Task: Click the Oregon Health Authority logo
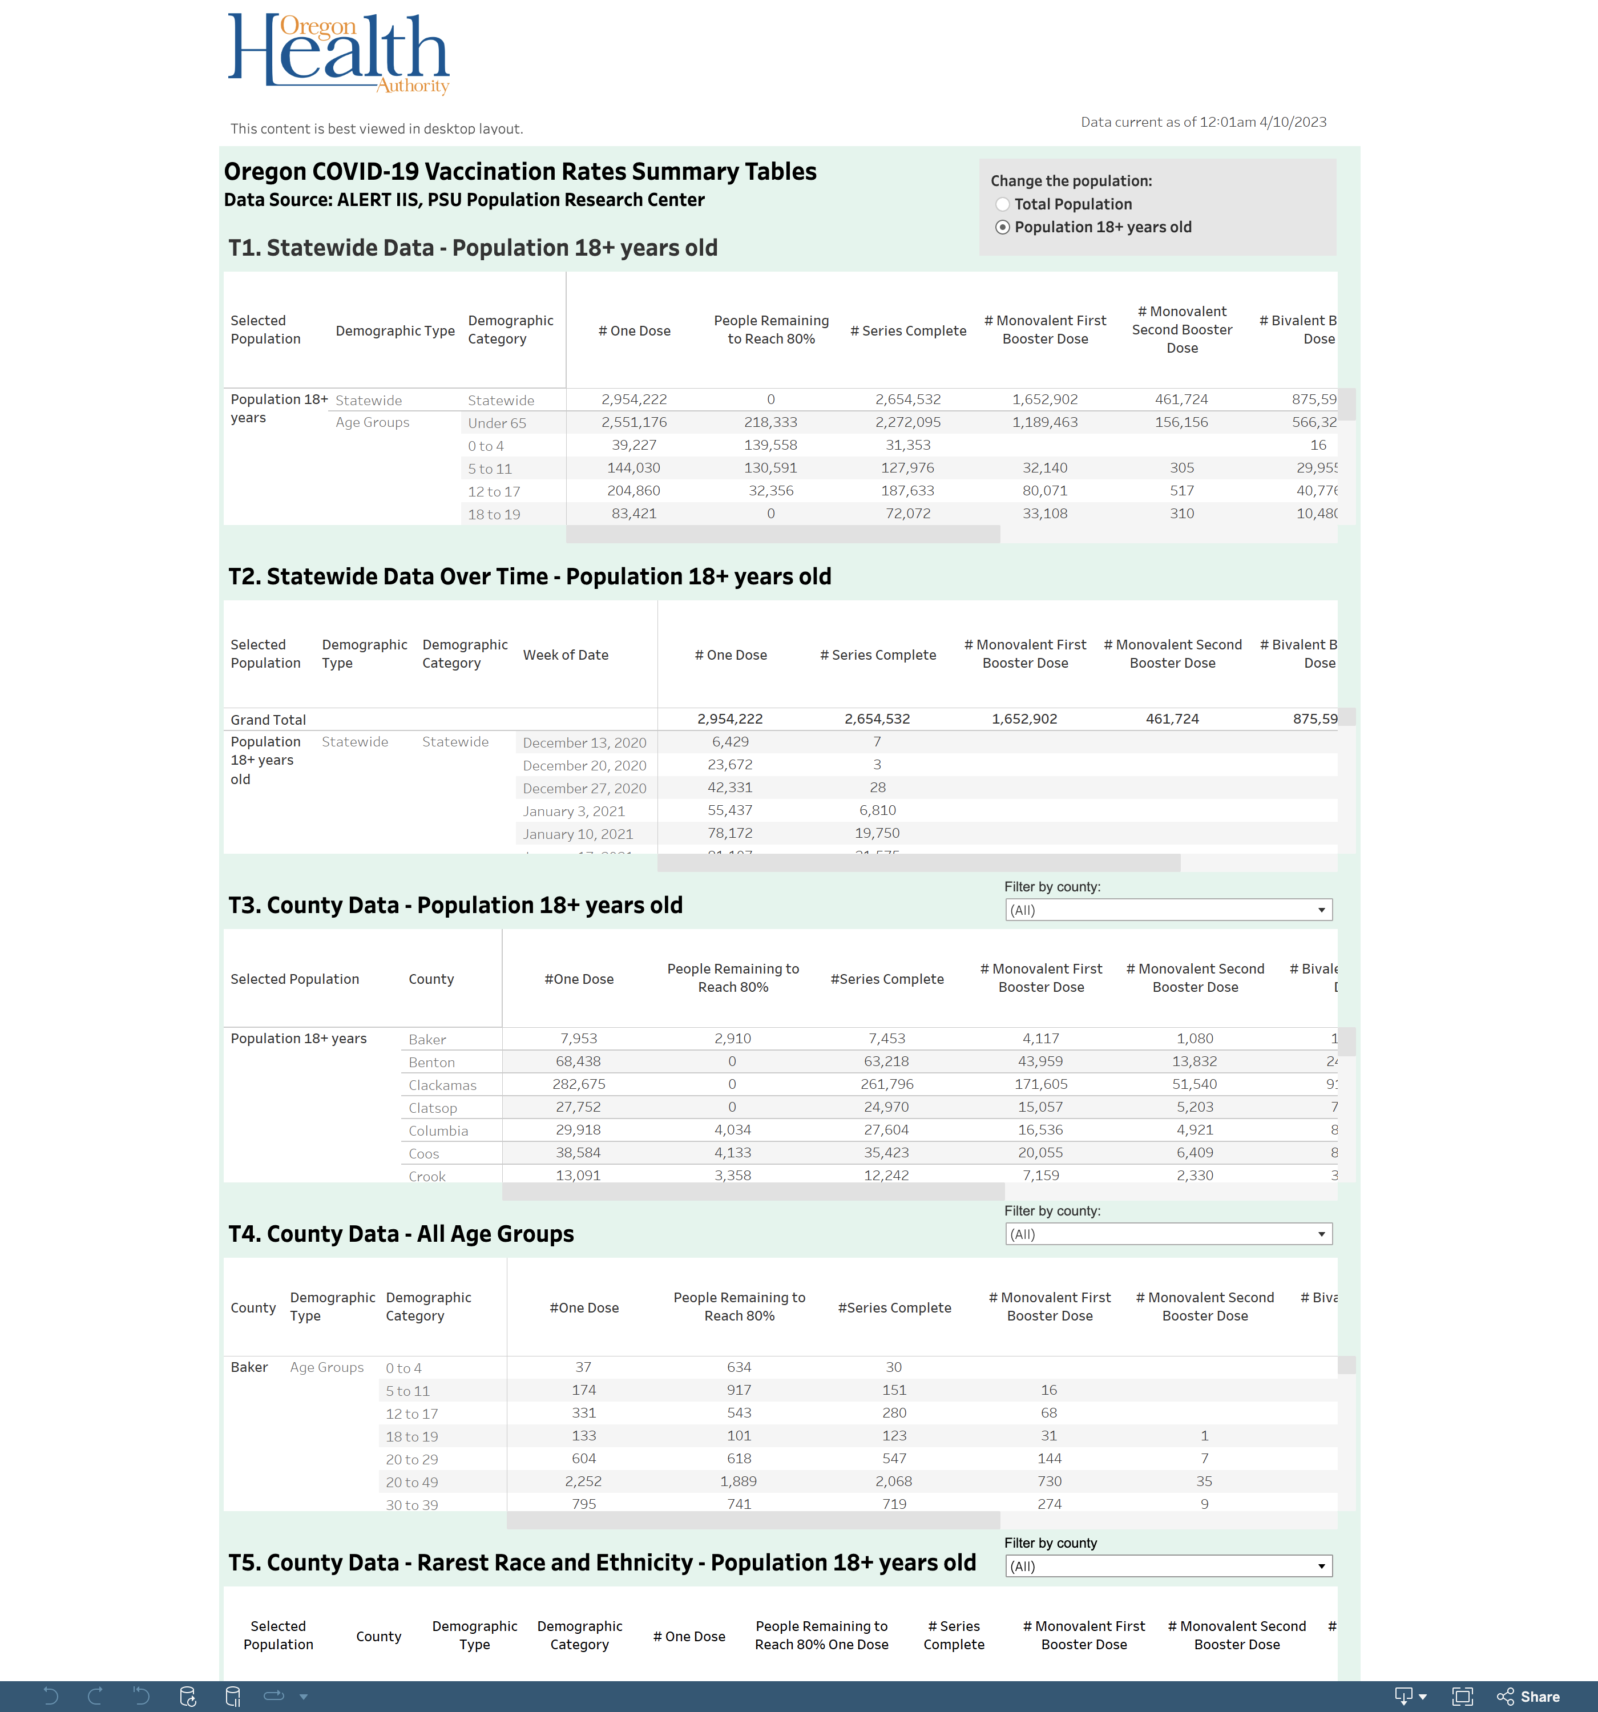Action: [x=338, y=54]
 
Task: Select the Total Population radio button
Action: [x=1003, y=204]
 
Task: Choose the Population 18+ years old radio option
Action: [x=1003, y=227]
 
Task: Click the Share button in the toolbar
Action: [x=1529, y=1697]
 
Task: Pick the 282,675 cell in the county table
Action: [x=578, y=1085]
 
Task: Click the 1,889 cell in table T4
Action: [x=739, y=1482]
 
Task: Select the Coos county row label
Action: [x=424, y=1154]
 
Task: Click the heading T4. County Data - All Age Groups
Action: [x=401, y=1234]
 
